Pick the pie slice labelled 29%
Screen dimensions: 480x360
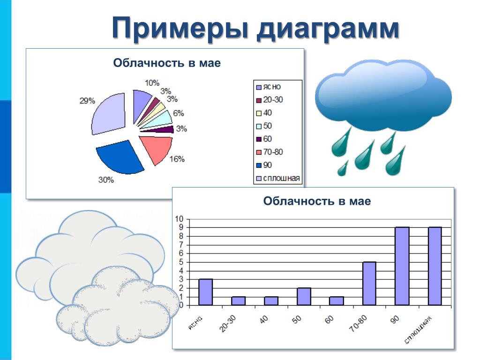[x=109, y=114]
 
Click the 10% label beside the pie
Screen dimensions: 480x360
[x=152, y=83]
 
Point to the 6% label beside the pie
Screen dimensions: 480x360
[x=179, y=113]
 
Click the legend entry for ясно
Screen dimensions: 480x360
[x=269, y=87]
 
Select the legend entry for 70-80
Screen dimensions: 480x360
[x=270, y=152]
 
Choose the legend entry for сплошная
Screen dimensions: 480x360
[x=278, y=179]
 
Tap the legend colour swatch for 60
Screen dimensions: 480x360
[x=259, y=139]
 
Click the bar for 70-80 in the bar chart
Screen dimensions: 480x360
[x=369, y=284]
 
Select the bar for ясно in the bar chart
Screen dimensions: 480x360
[x=205, y=292]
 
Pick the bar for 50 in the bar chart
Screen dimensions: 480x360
[x=304, y=296]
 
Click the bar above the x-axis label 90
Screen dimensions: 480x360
[x=402, y=266]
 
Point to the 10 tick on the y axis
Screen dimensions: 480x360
[x=179, y=219]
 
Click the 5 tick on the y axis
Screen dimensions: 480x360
[x=181, y=262]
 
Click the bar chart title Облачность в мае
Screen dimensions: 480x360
[x=317, y=201]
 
